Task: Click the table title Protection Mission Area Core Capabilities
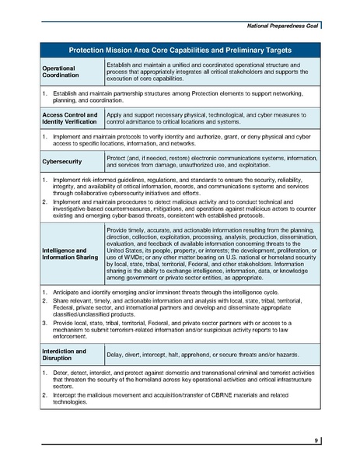tap(180, 48)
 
